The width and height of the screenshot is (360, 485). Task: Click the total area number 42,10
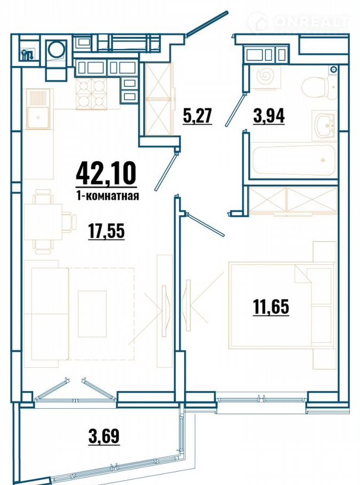pos(106,174)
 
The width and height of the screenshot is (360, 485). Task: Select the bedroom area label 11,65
pos(271,307)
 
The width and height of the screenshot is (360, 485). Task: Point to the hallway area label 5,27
pos(197,116)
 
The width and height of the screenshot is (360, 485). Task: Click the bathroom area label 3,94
pos(269,116)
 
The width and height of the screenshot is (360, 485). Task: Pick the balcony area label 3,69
pos(104,436)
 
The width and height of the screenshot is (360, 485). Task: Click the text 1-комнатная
pos(107,196)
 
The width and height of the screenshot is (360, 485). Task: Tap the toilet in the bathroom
pos(318,88)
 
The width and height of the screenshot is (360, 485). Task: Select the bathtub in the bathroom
pos(293,160)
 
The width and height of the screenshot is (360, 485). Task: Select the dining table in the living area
pos(43,222)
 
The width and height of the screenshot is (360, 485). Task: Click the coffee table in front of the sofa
pos(92,313)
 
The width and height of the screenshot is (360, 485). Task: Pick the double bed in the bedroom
pos(282,305)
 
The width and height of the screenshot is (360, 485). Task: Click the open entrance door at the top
pos(207,24)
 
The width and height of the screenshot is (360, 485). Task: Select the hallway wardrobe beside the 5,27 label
pos(159,99)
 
